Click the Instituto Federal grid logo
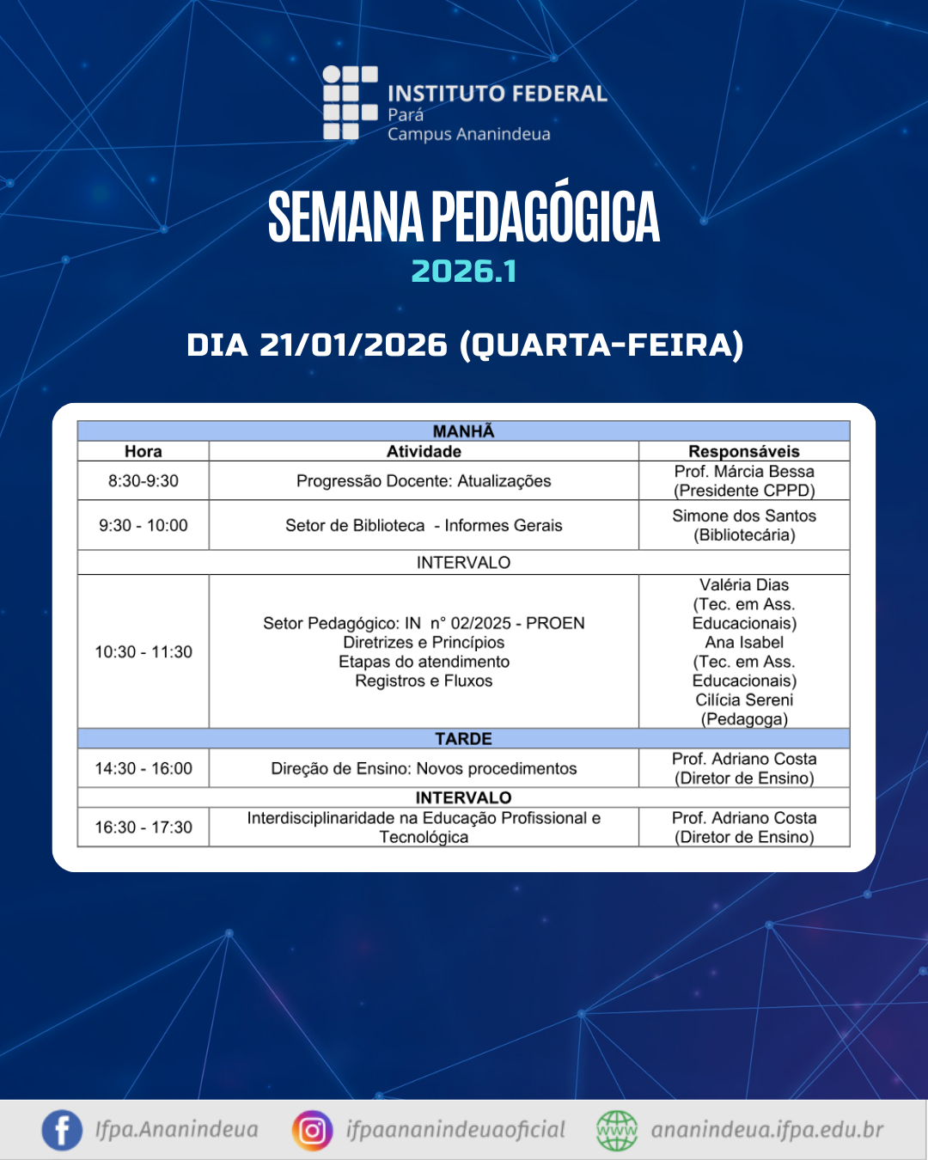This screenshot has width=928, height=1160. coord(350,103)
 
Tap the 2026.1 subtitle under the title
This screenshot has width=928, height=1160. coord(464,272)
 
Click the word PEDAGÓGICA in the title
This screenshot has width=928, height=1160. coord(546,217)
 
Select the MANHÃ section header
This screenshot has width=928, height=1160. coord(464,431)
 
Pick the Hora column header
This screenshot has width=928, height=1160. coord(143,451)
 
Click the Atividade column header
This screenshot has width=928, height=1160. coord(424,451)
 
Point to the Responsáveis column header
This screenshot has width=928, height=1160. coord(744,451)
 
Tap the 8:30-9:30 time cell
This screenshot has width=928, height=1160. coord(143,480)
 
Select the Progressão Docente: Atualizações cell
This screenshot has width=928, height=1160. coord(424,481)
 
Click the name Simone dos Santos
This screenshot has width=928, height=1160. coord(744,516)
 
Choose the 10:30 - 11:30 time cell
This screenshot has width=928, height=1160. coord(143,651)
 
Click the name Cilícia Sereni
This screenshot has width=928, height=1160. coord(744,699)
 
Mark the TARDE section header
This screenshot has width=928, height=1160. coord(464,738)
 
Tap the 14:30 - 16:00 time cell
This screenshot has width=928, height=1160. coord(143,768)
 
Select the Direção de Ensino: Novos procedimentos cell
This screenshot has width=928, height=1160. coord(424,768)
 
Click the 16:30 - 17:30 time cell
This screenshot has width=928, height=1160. coord(143,827)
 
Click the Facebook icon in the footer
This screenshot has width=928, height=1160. coord(62,1130)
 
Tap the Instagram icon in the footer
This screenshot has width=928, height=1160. coord(312,1130)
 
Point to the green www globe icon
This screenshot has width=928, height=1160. coord(617,1130)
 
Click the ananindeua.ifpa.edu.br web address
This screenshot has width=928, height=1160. coord(766,1130)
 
